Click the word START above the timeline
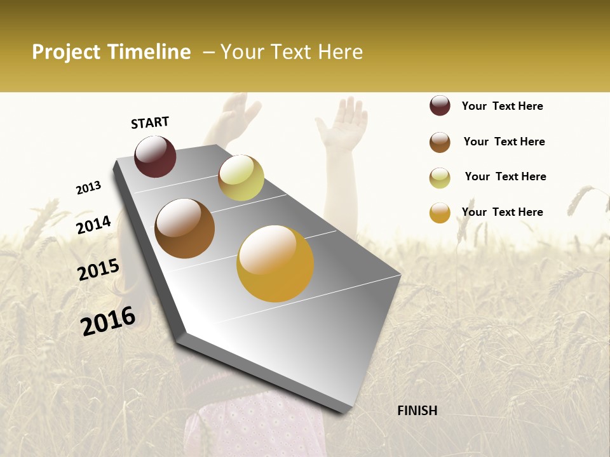click(x=150, y=123)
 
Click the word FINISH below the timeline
click(x=417, y=411)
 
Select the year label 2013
click(x=89, y=187)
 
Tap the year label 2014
click(x=93, y=225)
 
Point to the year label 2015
click(x=98, y=270)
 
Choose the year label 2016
click(x=108, y=320)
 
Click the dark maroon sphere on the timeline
click(x=155, y=156)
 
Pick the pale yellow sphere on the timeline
click(x=241, y=178)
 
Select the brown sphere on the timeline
click(x=184, y=228)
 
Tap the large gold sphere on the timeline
click(x=275, y=263)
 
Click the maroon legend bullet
click(x=440, y=105)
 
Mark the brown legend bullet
click(x=440, y=142)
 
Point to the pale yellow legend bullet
click(x=440, y=178)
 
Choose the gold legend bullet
click(x=440, y=213)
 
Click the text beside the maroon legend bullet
click(x=502, y=106)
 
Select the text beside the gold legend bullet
click(x=502, y=212)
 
